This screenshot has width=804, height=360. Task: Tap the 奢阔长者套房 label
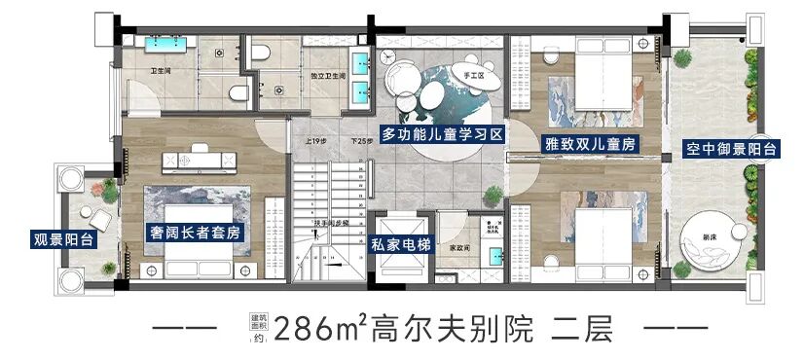[196, 234]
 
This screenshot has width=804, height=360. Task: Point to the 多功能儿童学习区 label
[442, 136]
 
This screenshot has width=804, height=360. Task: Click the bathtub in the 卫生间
[166, 45]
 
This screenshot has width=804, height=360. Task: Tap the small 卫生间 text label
[162, 71]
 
